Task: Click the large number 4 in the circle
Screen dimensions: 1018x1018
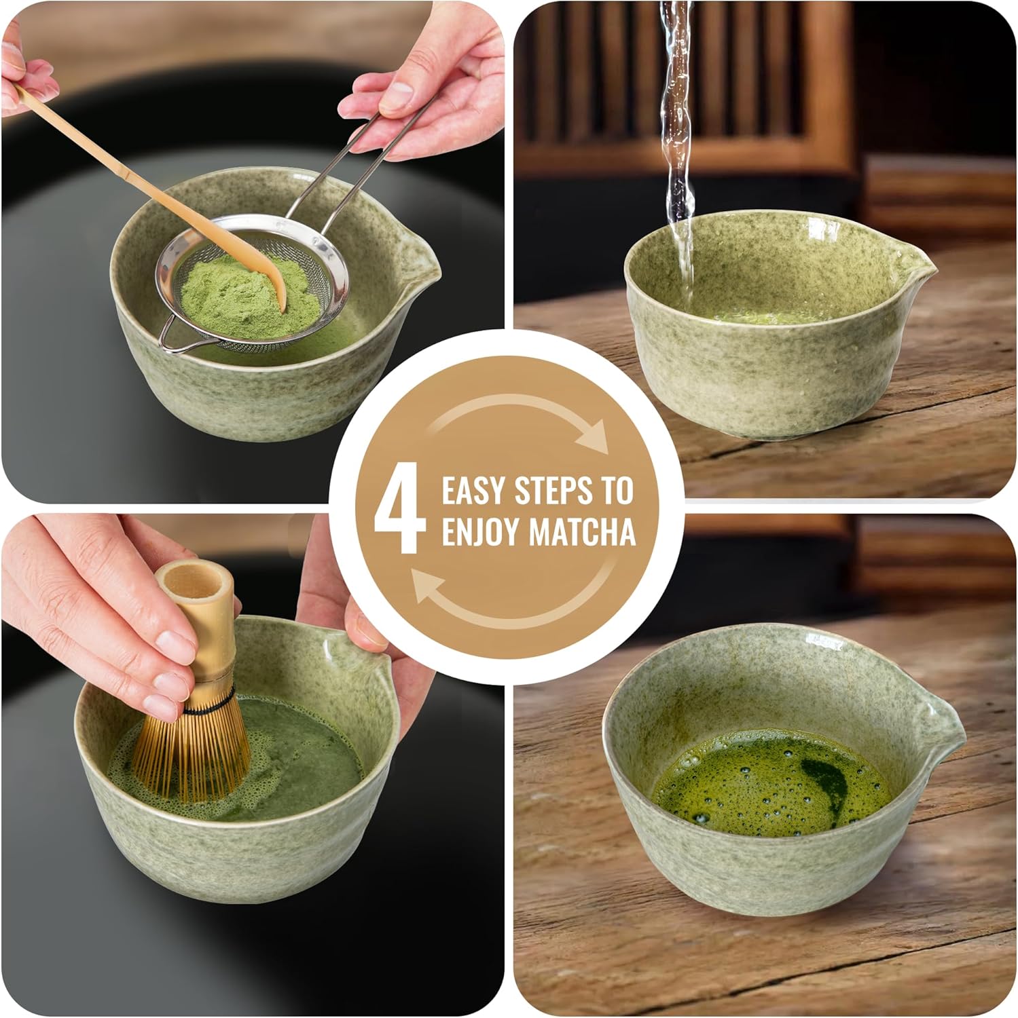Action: coord(399,510)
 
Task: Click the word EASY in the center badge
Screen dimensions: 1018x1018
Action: coord(473,491)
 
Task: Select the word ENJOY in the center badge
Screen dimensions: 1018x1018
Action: coord(481,531)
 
